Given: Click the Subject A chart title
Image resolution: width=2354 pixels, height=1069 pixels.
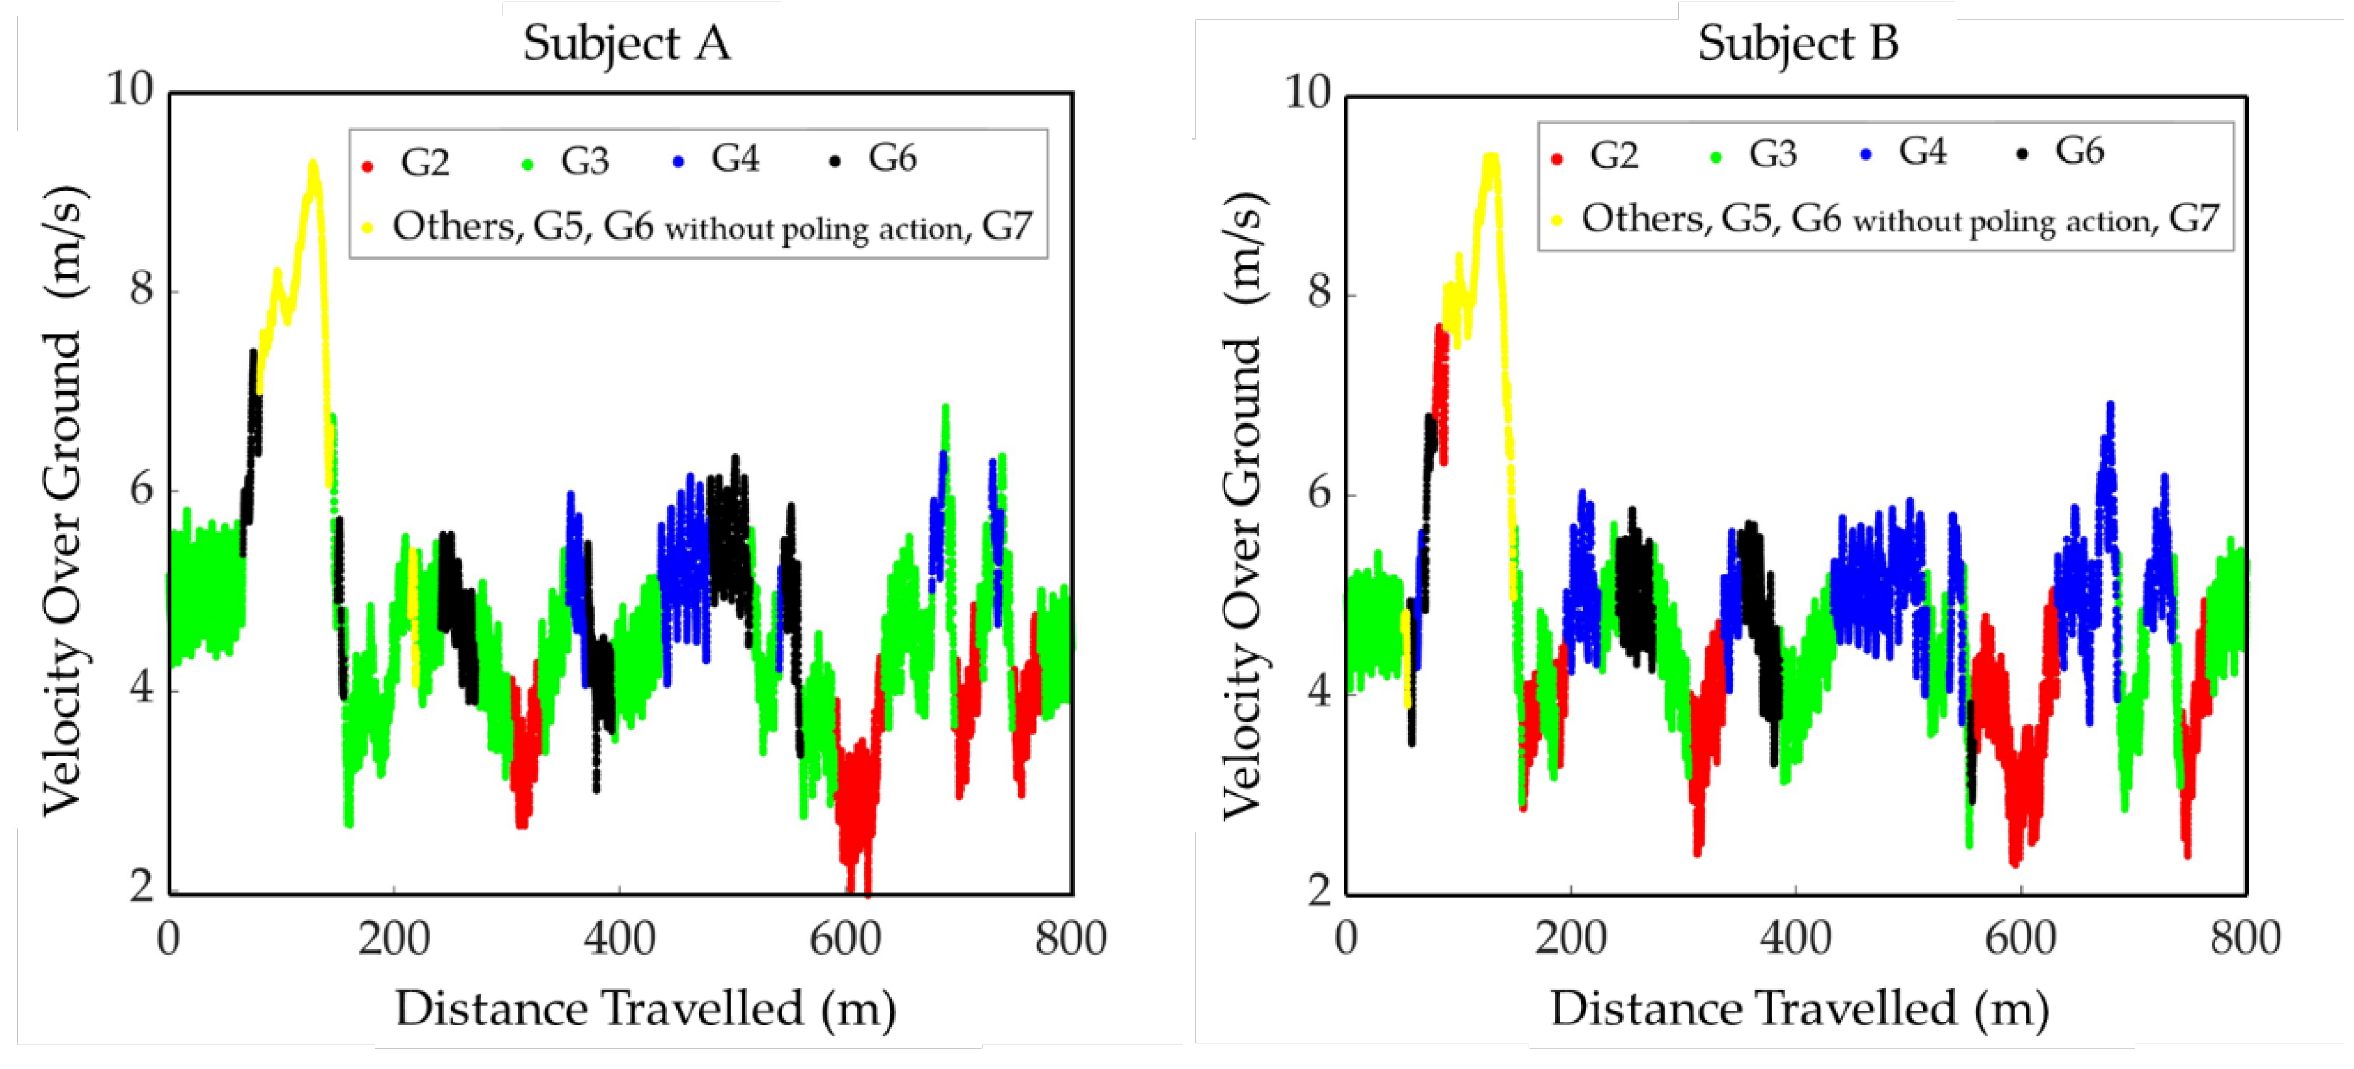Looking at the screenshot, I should [x=627, y=43].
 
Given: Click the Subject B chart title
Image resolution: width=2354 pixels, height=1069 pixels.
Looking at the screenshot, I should [x=1797, y=43].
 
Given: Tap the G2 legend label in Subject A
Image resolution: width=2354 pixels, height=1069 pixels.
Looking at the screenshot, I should [x=425, y=163].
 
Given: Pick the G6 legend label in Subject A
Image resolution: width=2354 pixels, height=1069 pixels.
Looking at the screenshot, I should [x=892, y=158].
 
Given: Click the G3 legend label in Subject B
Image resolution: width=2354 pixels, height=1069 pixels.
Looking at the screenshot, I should [x=1772, y=153].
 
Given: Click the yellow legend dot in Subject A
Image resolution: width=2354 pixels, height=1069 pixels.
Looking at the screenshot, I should [x=368, y=228].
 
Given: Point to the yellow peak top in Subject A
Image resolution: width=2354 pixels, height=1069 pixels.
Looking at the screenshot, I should [x=312, y=165].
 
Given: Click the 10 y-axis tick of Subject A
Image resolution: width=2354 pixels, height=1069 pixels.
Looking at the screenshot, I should [x=131, y=90].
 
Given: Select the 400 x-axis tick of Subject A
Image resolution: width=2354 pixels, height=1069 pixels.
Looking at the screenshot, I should [x=620, y=938].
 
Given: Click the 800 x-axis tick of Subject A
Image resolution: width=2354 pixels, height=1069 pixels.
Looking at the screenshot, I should [x=1070, y=938].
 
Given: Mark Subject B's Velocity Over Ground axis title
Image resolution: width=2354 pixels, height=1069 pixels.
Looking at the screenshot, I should [x=1243, y=507].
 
